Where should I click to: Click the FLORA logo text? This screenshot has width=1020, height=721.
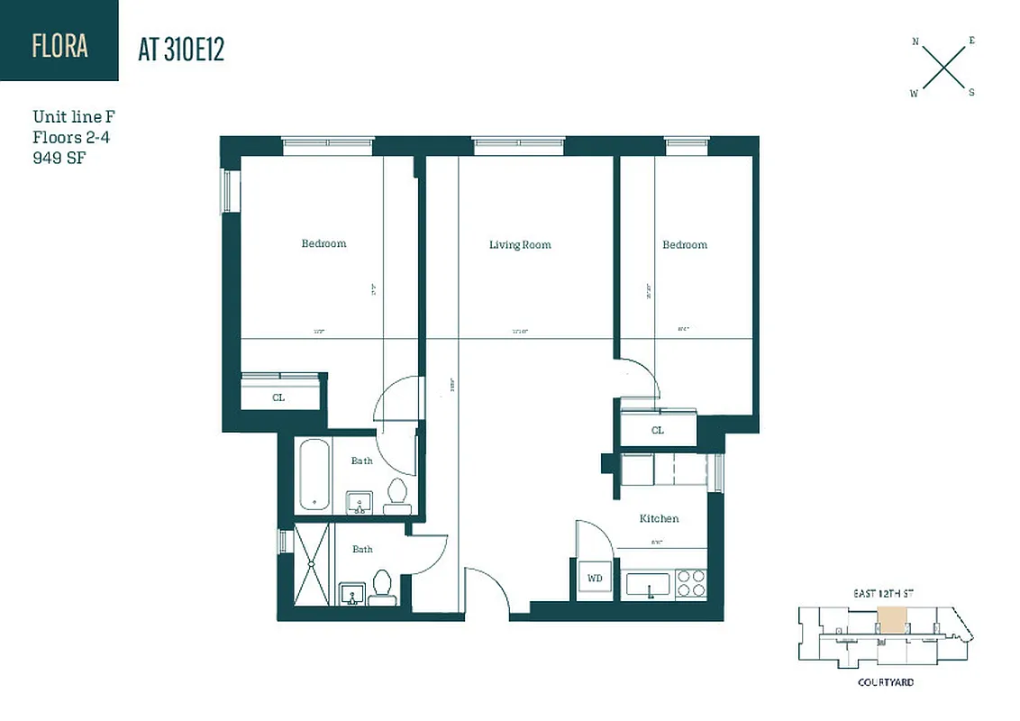coord(59,45)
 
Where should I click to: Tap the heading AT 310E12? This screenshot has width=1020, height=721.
coord(180,50)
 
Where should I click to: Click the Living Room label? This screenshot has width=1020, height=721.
coord(520,245)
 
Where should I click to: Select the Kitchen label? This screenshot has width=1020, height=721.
coord(659,519)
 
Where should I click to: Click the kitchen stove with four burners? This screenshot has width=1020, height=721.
coord(692,583)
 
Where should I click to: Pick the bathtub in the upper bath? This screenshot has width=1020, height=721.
coord(314,475)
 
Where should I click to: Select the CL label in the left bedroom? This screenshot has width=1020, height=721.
coord(278,397)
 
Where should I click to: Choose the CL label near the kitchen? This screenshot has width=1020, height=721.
coord(658,431)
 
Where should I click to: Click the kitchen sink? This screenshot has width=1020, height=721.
coord(648,585)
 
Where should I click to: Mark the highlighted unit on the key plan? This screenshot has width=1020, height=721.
coord(891,619)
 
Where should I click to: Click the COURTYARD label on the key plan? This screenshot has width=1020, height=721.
coord(885,682)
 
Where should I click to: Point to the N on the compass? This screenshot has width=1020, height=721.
coord(915,41)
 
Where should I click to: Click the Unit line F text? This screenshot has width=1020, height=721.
coord(74,117)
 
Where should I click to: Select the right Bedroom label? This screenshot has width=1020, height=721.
coord(685,245)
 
